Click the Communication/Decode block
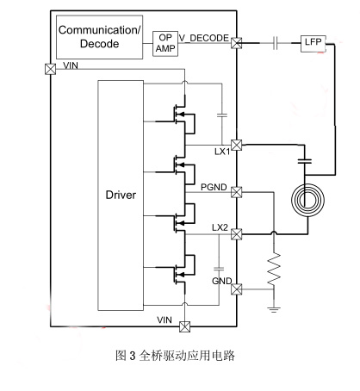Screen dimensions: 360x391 (x=99, y=37)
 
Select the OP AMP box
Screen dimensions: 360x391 (x=165, y=43)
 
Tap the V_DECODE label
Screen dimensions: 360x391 (x=204, y=38)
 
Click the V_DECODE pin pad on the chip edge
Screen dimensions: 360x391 (x=237, y=43)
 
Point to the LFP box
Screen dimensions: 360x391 (x=313, y=44)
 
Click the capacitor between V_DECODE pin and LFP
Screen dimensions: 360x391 (x=276, y=43)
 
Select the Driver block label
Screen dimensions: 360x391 (x=121, y=195)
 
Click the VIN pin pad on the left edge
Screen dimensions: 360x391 (x=51, y=69)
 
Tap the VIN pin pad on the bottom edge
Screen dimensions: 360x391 (x=184, y=326)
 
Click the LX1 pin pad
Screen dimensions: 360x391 (x=237, y=145)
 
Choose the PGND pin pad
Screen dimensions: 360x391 (x=237, y=192)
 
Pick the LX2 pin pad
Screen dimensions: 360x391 (x=237, y=234)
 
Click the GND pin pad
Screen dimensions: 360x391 (x=237, y=289)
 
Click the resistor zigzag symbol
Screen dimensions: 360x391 (x=274, y=270)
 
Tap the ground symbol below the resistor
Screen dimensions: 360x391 (x=274, y=309)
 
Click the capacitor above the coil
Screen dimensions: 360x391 (x=305, y=161)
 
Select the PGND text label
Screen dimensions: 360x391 (x=214, y=187)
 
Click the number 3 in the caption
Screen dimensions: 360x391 (x=132, y=356)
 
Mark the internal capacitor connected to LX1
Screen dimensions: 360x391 (x=222, y=115)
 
